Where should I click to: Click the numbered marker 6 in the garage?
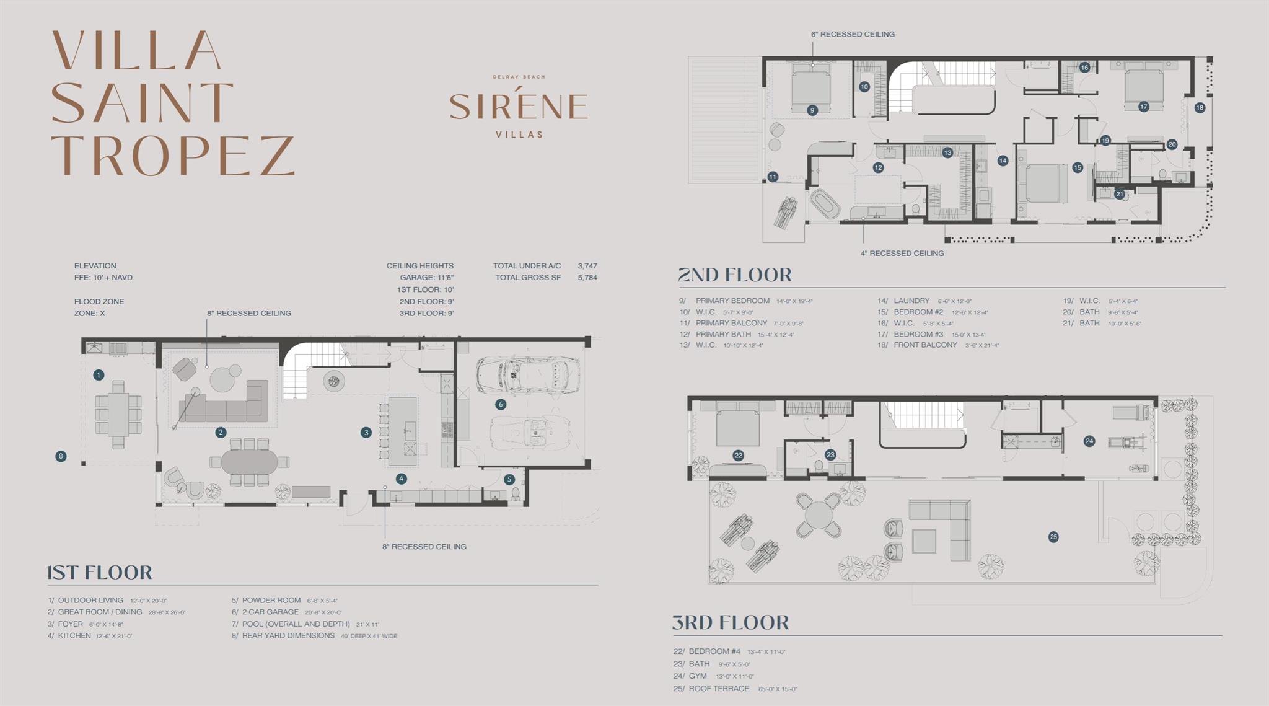pyautogui.click(x=501, y=404)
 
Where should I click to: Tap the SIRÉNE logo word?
pyautogui.click(x=518, y=107)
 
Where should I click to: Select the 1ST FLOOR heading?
pyautogui.click(x=100, y=572)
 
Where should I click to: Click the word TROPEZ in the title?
pyautogui.click(x=173, y=156)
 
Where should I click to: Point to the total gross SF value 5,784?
pyautogui.click(x=587, y=278)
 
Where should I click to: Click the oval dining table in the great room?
pyautogui.click(x=249, y=462)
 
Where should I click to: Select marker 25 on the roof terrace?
pyautogui.click(x=1053, y=537)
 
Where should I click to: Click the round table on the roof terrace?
pyautogui.click(x=819, y=515)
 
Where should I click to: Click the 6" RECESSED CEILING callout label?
pyautogui.click(x=853, y=34)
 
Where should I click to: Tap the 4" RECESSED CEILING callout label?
pyautogui.click(x=902, y=253)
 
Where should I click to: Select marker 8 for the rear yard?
pyautogui.click(x=60, y=456)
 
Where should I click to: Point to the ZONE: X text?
pyautogui.click(x=90, y=313)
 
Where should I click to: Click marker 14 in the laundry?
pyautogui.click(x=1003, y=161)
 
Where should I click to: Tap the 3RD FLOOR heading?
pyautogui.click(x=731, y=622)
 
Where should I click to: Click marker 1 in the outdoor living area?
pyautogui.click(x=99, y=374)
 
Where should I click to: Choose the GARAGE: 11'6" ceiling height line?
pyautogui.click(x=426, y=278)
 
